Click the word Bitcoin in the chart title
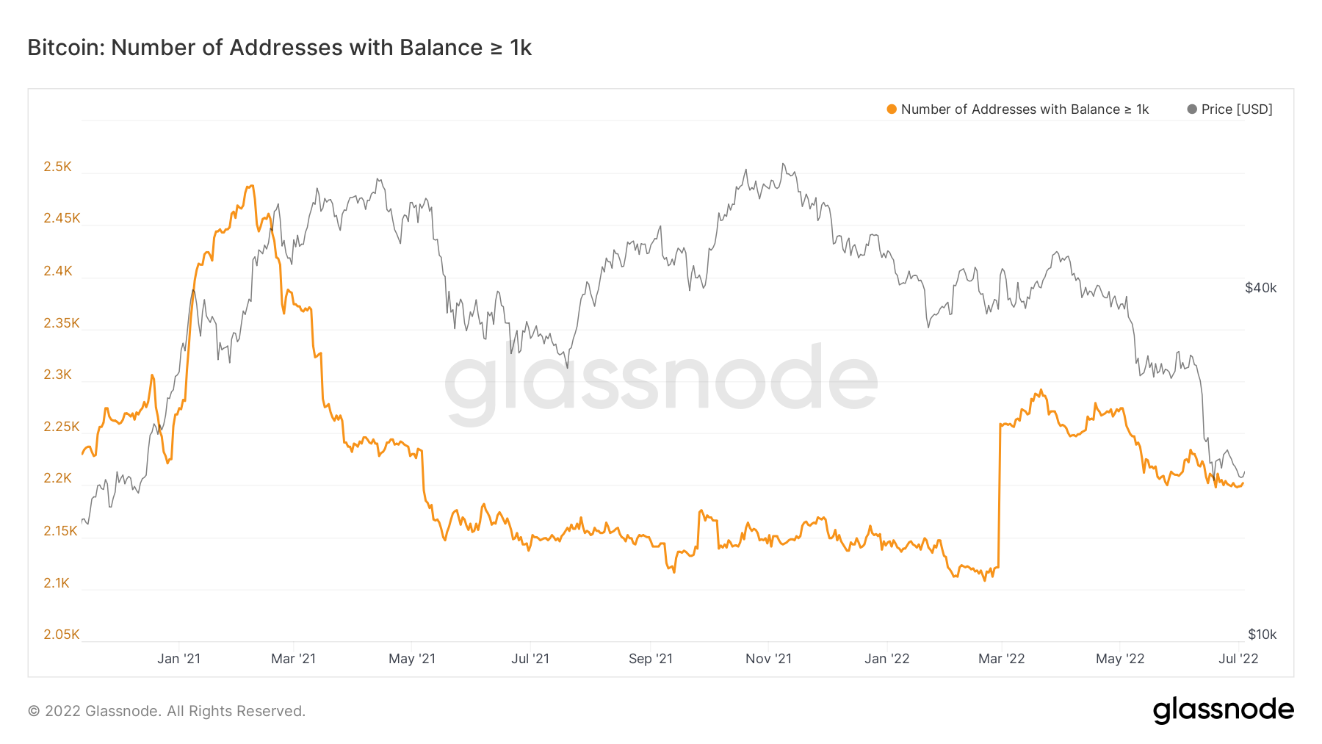point(62,48)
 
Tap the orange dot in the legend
point(892,109)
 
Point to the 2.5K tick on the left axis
point(57,167)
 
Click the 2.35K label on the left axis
point(61,323)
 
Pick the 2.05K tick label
point(61,635)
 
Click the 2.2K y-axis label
point(57,478)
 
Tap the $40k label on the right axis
point(1260,288)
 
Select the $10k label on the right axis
point(1262,635)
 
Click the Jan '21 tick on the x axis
point(178,659)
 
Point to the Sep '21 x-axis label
point(650,659)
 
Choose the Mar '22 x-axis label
point(1001,659)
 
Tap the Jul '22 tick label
point(1238,659)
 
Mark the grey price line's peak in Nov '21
point(783,164)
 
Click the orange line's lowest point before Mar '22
point(985,580)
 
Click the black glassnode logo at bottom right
point(1223,710)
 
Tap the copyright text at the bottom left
point(166,711)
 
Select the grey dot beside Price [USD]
point(1192,109)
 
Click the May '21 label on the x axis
point(411,659)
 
